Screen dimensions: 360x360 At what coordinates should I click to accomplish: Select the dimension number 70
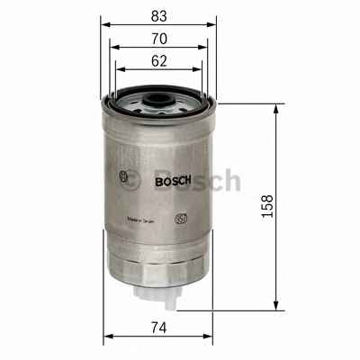tap(157, 39)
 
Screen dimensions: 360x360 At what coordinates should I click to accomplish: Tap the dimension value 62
tap(157, 62)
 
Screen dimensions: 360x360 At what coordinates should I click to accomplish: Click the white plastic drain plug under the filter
tap(158, 292)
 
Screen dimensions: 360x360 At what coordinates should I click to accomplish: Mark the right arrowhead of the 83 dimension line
tap(213, 25)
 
